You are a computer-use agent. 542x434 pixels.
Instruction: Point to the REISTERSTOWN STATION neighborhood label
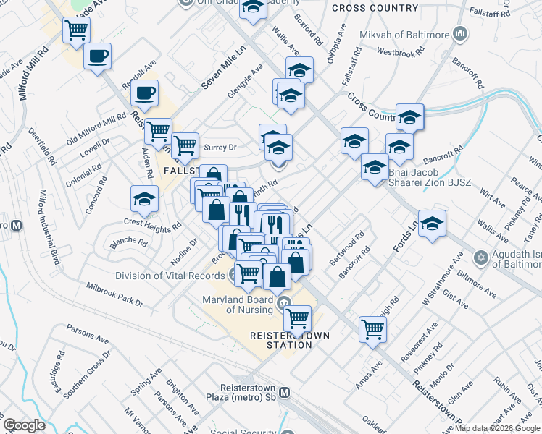pos(280,340)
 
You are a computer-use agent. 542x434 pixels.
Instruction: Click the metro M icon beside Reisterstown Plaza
pos(285,392)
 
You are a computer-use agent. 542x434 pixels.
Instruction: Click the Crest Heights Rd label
pos(152,224)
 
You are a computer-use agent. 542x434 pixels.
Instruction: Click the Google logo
pos(24,425)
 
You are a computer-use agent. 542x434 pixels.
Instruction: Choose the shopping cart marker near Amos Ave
pos(372,328)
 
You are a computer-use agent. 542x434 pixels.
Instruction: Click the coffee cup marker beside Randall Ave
pos(145,93)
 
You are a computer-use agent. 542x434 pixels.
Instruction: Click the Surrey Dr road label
pos(221,148)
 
